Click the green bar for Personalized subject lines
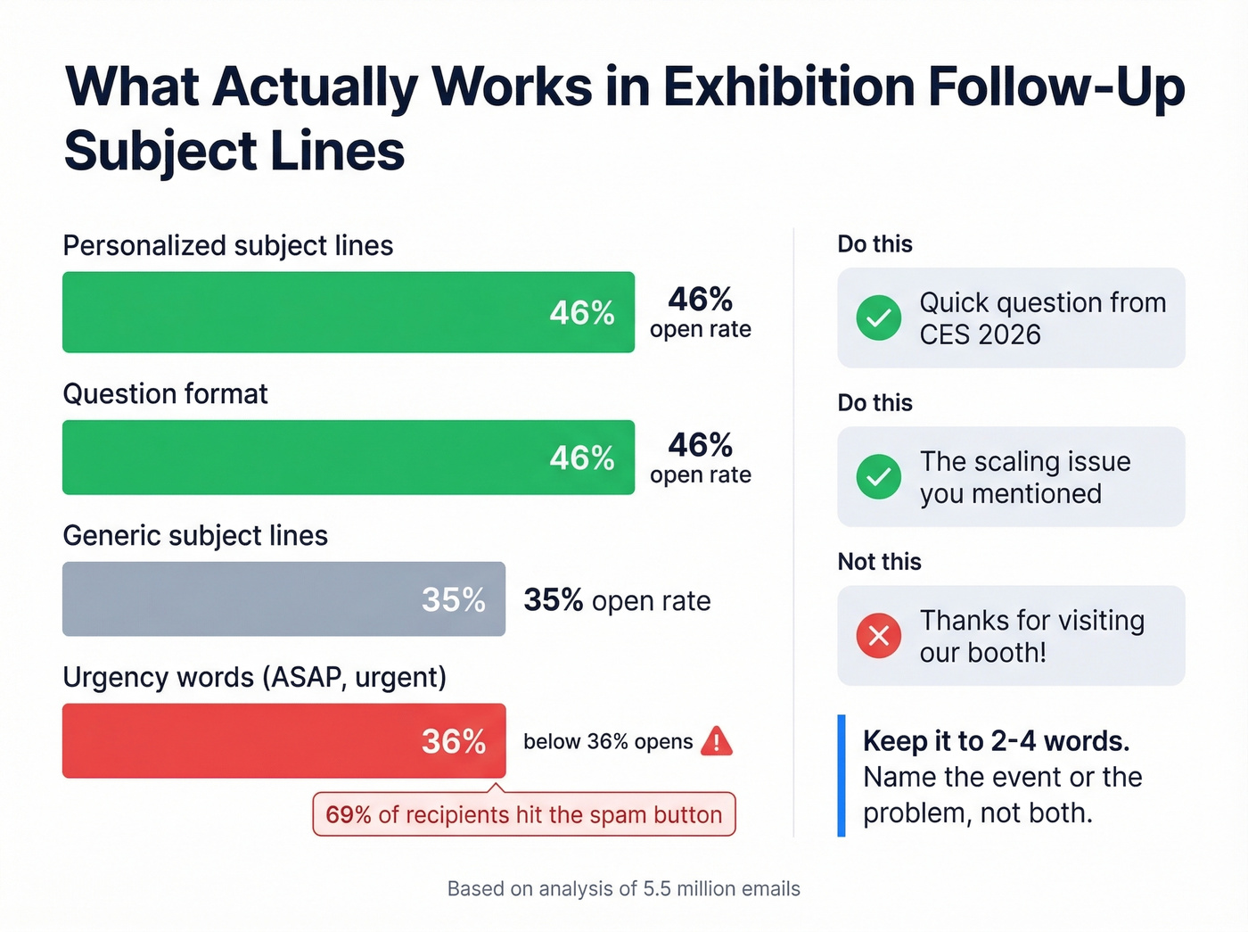click(x=348, y=312)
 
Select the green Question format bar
click(x=348, y=458)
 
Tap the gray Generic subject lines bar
click(x=283, y=598)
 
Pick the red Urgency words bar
click(x=283, y=740)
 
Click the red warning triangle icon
click(x=717, y=741)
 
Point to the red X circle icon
click(x=879, y=635)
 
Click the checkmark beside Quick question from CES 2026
click(x=879, y=318)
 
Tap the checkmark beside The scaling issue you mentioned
click(x=879, y=476)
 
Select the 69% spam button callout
click(x=524, y=814)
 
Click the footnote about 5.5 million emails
click(x=623, y=888)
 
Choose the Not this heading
click(x=879, y=562)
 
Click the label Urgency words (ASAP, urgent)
click(x=254, y=677)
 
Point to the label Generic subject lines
click(x=195, y=535)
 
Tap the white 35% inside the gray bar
click(x=454, y=599)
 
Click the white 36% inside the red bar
click(x=454, y=741)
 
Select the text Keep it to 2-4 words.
click(x=996, y=741)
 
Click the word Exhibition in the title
click(x=788, y=87)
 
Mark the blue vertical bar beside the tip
click(x=842, y=776)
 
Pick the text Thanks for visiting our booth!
click(x=1031, y=636)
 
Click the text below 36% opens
click(x=607, y=742)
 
